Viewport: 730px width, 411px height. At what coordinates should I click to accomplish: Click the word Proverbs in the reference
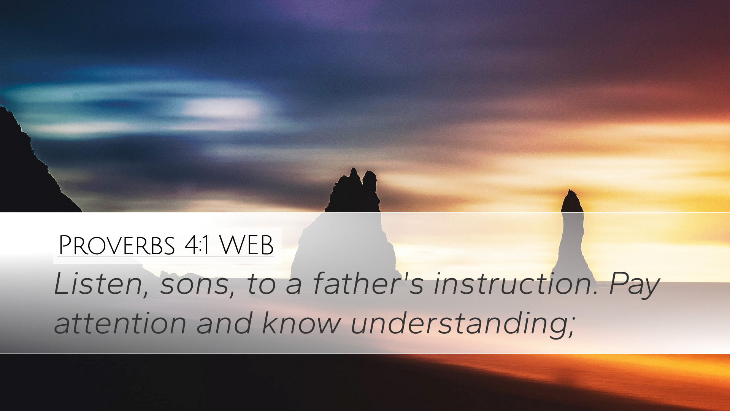[x=117, y=245]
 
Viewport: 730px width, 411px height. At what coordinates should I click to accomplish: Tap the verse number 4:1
[x=197, y=246]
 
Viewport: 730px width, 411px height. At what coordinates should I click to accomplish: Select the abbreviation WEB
[x=246, y=245]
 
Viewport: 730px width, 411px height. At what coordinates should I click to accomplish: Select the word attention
[x=120, y=323]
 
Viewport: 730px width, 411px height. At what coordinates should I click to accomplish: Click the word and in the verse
[x=224, y=322]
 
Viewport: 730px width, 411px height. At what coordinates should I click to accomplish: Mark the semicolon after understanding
[x=571, y=328]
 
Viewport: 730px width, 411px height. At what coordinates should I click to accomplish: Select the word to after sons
[x=261, y=285]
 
